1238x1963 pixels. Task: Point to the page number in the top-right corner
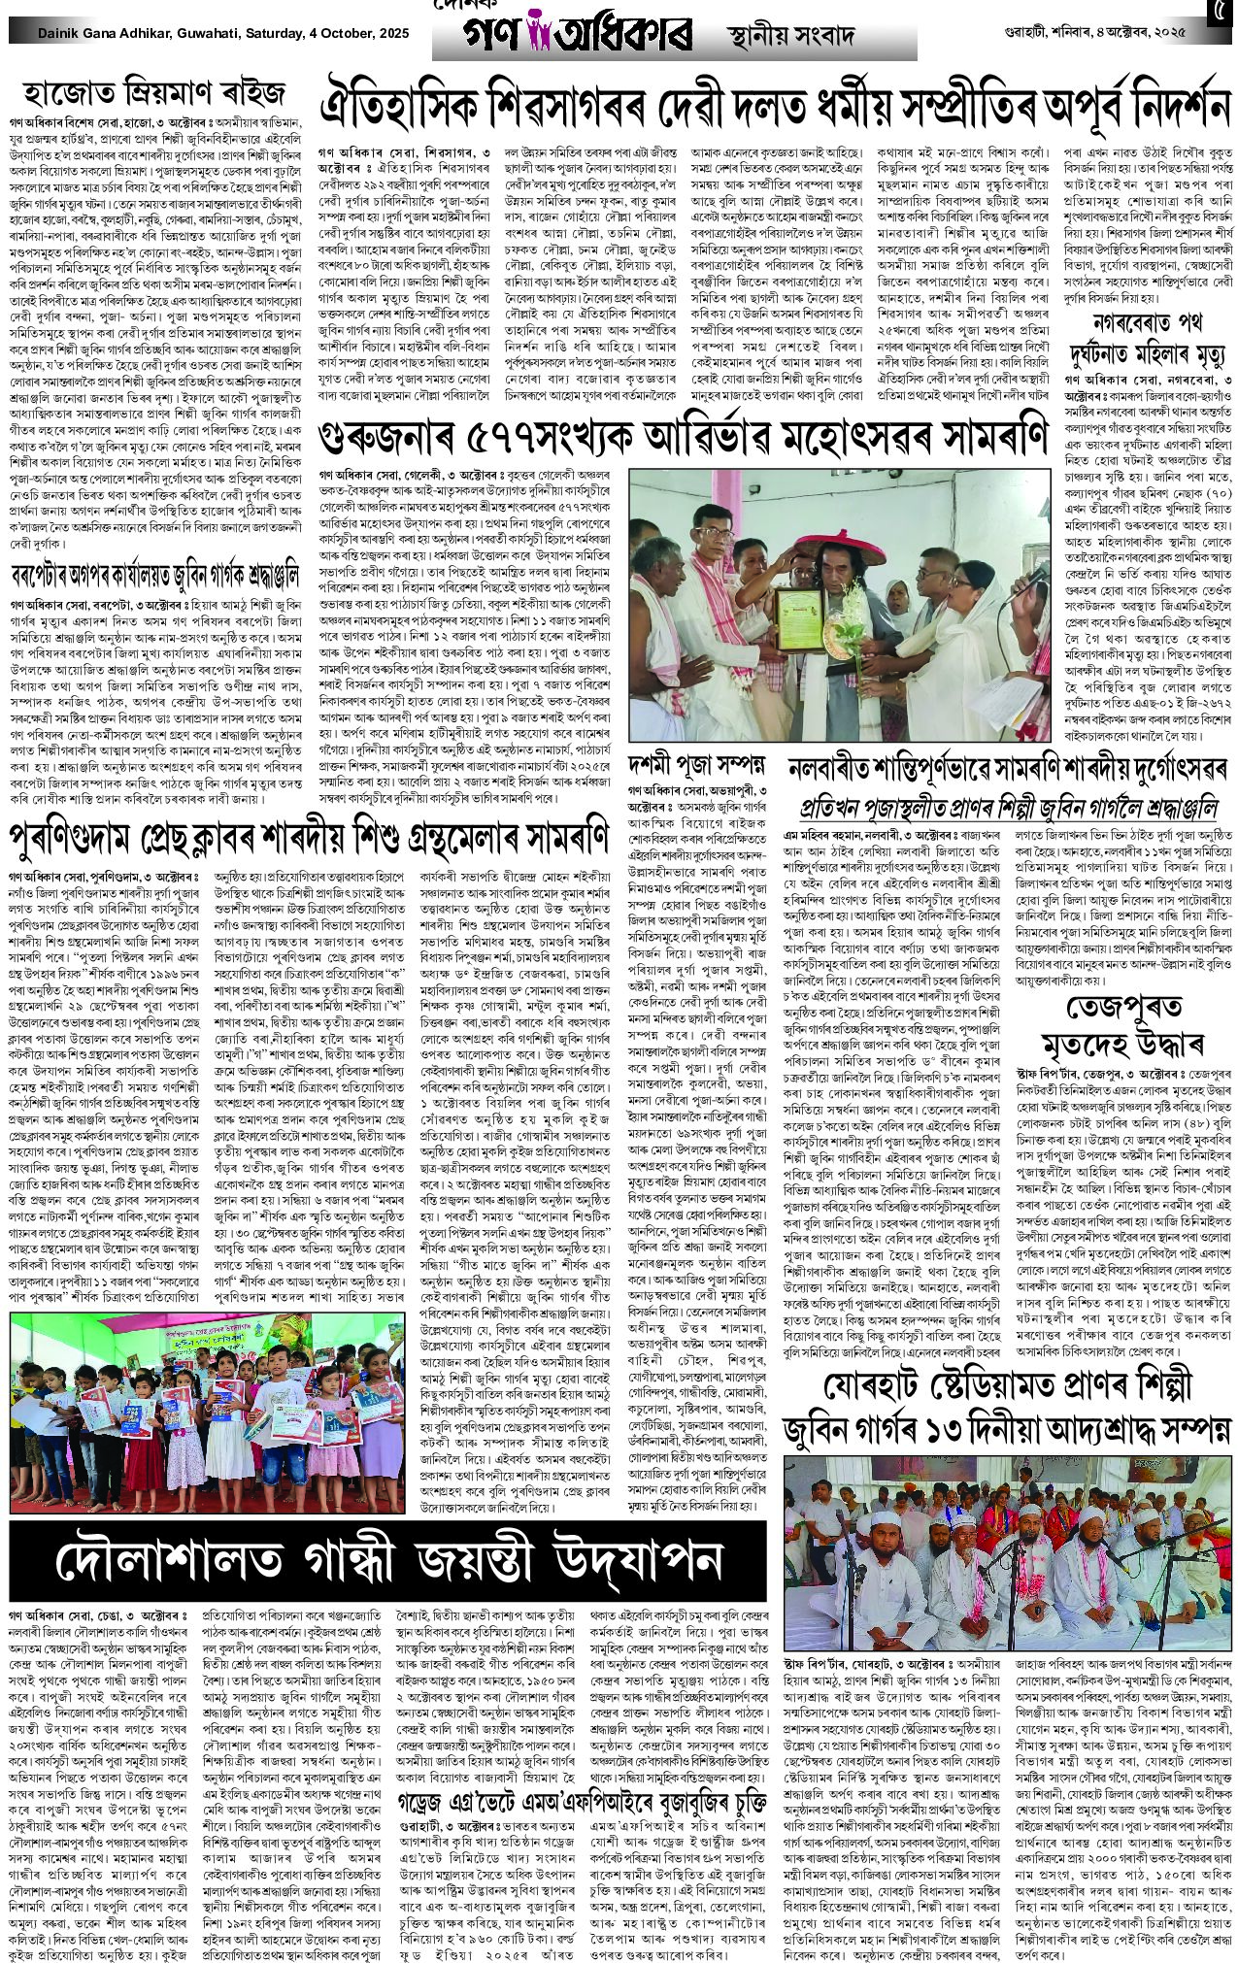[x=1217, y=14]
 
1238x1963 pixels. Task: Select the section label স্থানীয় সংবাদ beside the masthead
[x=791, y=38]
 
